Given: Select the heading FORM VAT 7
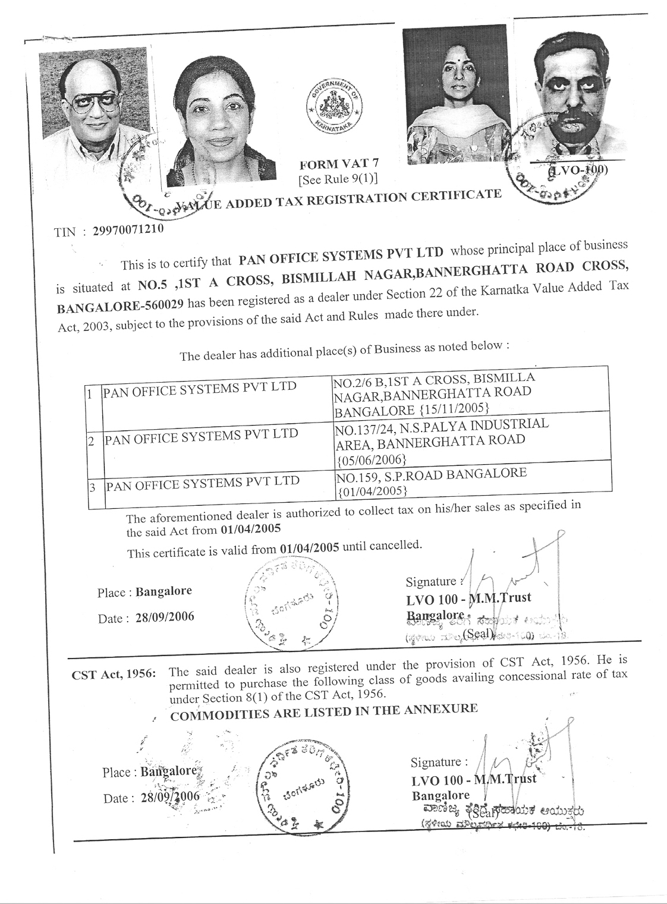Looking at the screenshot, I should tap(339, 164).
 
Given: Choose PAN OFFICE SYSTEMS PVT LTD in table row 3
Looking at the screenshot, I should tap(202, 483).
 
